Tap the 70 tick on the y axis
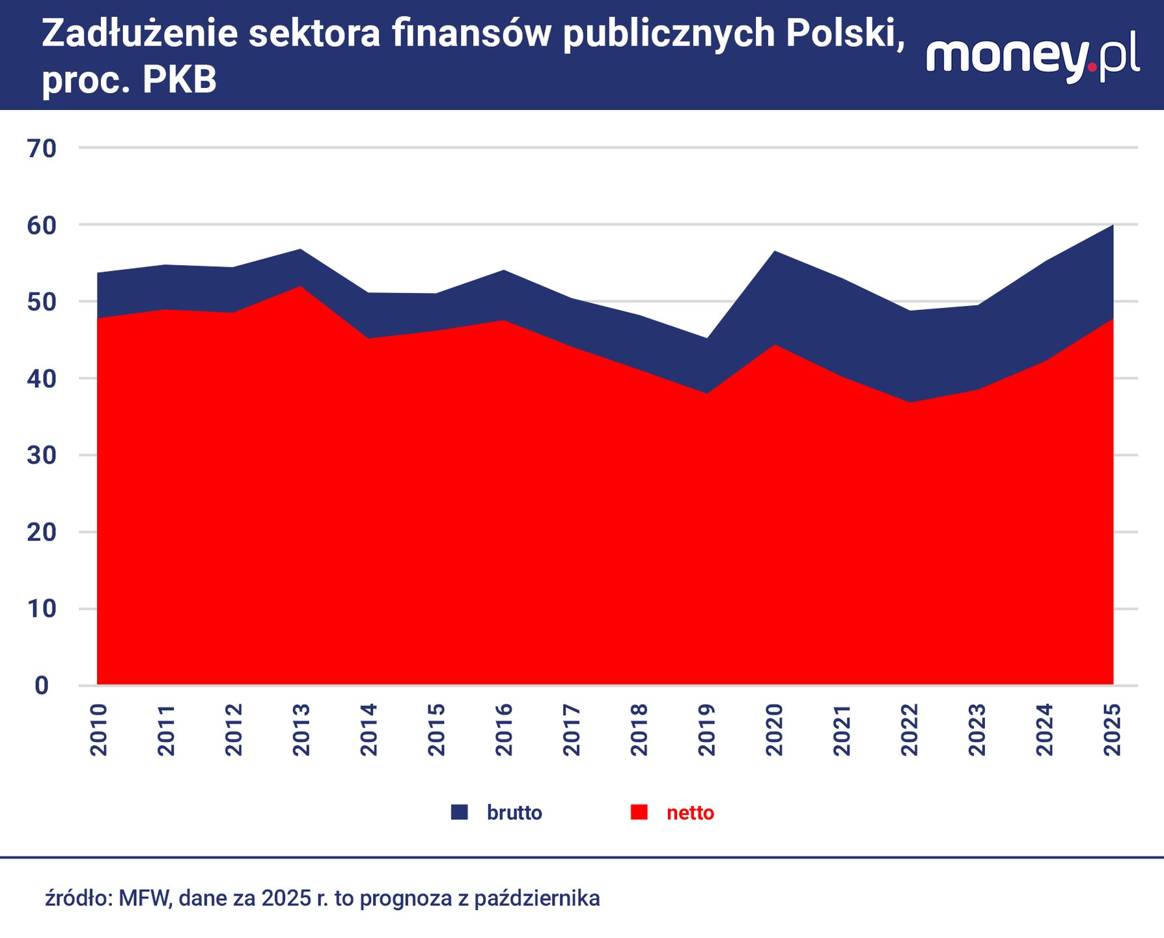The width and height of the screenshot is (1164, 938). point(42,149)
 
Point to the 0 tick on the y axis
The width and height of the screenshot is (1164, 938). point(42,685)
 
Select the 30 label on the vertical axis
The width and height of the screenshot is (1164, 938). point(42,455)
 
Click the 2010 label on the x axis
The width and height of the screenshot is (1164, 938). point(99,730)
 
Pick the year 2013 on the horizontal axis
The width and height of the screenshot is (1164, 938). point(301,730)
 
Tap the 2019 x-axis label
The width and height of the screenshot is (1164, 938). point(706,730)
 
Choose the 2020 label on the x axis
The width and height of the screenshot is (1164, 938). point(774,730)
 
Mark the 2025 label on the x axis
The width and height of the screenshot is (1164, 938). point(1113,730)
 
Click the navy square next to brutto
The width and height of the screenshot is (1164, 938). point(459,812)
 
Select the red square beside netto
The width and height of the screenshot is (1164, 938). point(639,812)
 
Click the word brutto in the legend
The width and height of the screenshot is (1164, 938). point(514,813)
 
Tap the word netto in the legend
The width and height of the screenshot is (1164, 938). point(690,813)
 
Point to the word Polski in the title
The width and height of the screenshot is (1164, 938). point(844,34)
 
